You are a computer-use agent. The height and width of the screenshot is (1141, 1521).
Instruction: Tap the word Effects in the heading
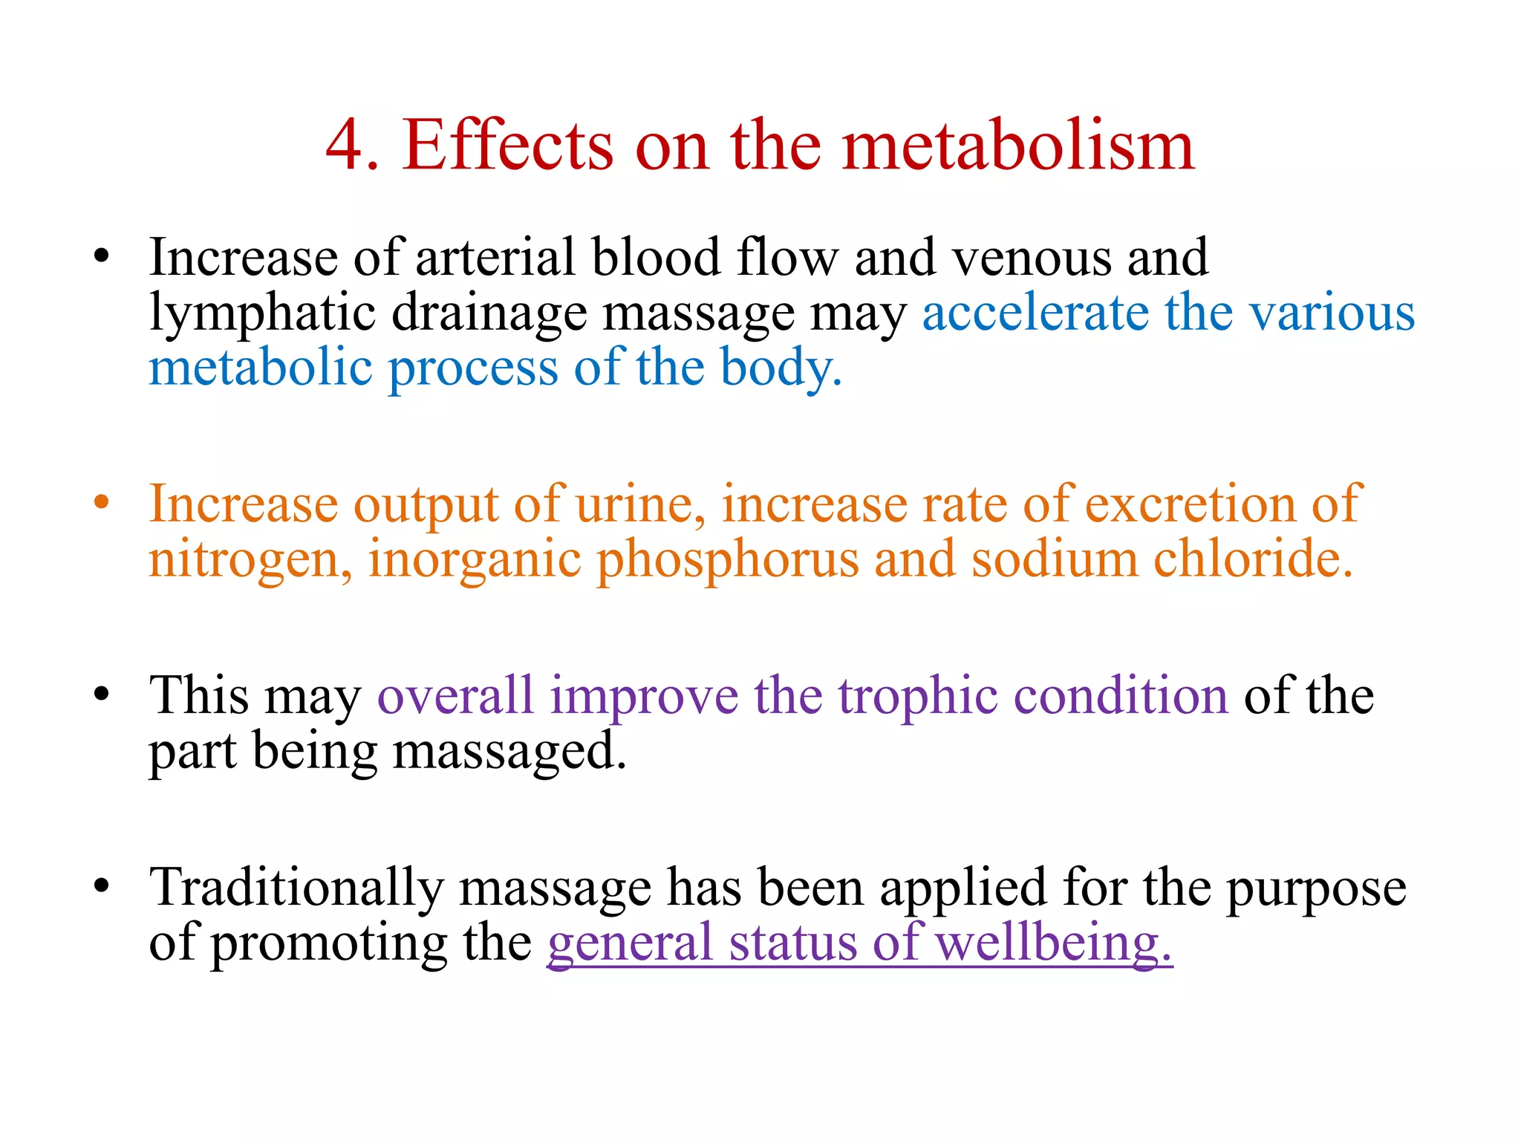click(x=508, y=146)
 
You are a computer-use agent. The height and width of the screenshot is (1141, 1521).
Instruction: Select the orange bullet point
click(x=102, y=502)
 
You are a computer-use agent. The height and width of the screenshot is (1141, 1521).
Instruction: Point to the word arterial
click(x=495, y=258)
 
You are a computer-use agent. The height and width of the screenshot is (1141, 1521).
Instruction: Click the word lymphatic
click(x=262, y=313)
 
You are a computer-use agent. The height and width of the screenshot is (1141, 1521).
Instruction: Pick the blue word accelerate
click(x=1035, y=313)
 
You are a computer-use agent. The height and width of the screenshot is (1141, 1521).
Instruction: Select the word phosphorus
click(x=728, y=562)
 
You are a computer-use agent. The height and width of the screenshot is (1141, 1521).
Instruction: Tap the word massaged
click(x=509, y=752)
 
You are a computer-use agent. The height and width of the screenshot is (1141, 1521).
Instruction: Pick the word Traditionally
click(x=296, y=888)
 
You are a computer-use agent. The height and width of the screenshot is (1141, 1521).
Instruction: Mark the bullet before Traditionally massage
click(x=102, y=885)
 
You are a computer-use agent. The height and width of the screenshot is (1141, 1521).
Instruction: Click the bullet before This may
click(x=102, y=694)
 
